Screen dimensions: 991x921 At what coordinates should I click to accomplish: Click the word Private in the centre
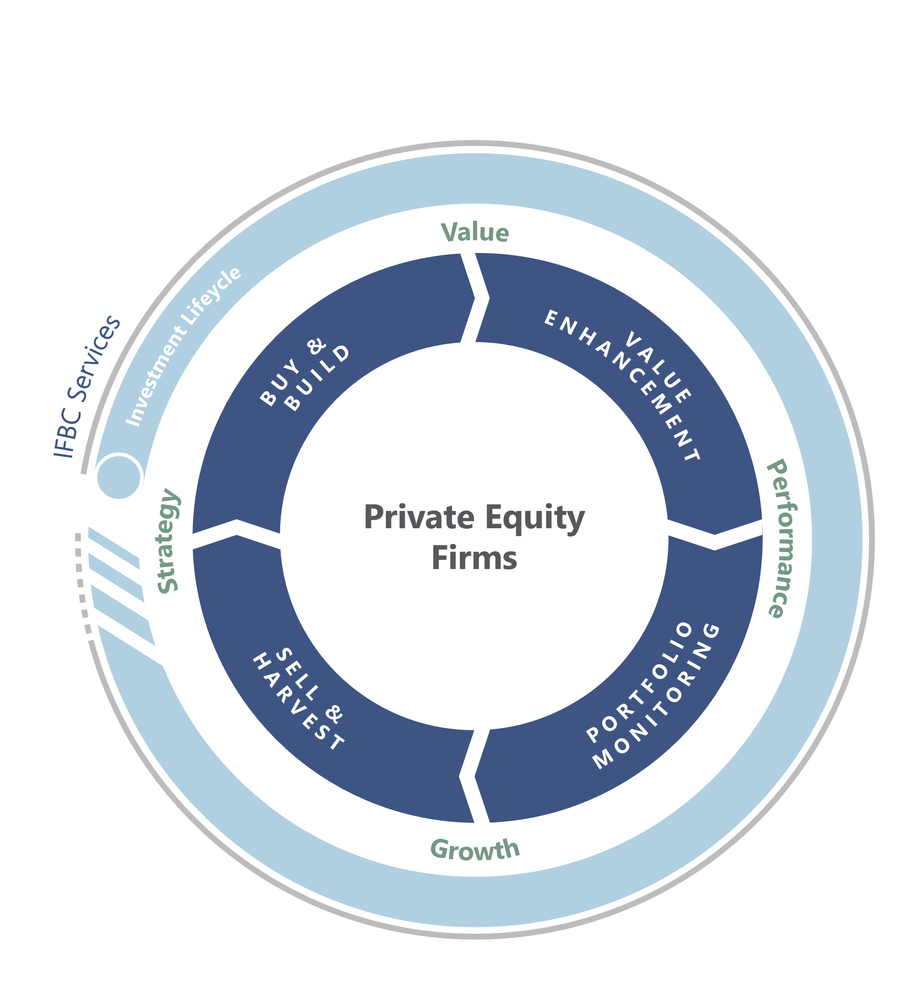tap(418, 517)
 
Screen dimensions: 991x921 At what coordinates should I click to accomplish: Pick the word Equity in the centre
tap(535, 518)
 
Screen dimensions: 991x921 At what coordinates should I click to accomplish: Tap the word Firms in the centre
tap(474, 558)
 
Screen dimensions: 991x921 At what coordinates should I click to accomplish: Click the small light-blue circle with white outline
tap(119, 476)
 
